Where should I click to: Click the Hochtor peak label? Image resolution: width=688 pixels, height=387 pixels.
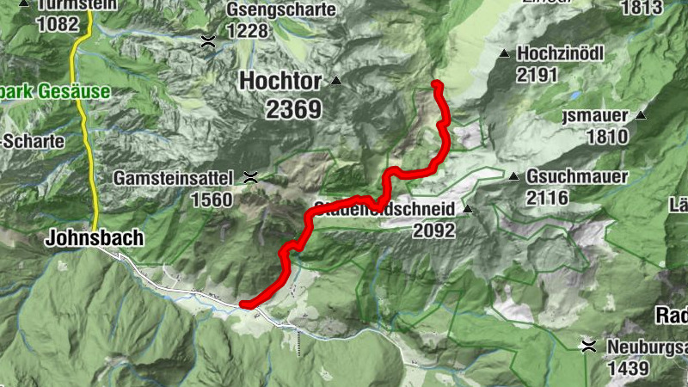click(280, 82)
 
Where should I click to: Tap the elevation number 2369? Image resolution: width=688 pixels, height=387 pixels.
click(280, 109)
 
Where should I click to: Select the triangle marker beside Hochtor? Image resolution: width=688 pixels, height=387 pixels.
click(336, 82)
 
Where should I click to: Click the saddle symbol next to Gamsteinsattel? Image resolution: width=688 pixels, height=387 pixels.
click(251, 178)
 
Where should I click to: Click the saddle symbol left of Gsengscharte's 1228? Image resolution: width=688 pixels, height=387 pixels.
click(208, 40)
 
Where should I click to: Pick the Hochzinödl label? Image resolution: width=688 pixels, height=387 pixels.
click(561, 53)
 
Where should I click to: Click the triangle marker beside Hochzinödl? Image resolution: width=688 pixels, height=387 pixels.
click(505, 53)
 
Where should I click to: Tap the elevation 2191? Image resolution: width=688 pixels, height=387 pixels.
click(538, 74)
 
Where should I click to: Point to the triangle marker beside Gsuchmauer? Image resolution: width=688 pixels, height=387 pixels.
click(513, 176)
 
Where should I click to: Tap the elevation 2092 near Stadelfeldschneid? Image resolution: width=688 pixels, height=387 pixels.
click(434, 230)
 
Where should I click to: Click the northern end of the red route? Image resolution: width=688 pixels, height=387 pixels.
click(436, 84)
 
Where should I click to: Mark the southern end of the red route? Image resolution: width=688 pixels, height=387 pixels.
click(244, 303)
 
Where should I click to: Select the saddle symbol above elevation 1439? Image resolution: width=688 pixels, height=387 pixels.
click(589, 346)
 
